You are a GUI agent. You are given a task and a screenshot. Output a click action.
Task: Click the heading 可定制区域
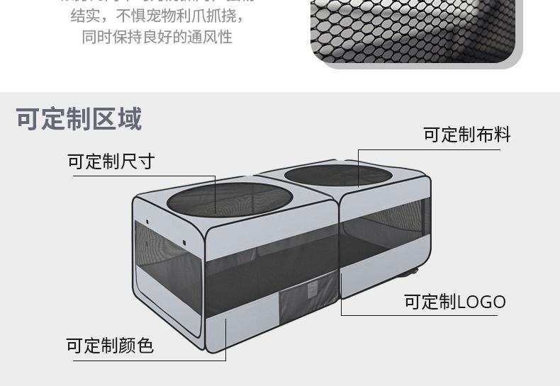[79, 119]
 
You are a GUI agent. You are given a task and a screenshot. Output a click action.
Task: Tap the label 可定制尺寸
[111, 161]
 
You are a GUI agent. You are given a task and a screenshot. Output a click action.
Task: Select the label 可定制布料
[466, 135]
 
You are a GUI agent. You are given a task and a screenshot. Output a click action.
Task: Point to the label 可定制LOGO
[454, 302]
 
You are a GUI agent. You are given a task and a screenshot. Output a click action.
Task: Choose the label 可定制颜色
[110, 345]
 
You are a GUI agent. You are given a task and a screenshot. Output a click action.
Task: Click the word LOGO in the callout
[481, 302]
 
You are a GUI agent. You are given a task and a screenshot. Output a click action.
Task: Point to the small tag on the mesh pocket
[309, 286]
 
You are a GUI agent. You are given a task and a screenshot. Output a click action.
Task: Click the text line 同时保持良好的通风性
[157, 37]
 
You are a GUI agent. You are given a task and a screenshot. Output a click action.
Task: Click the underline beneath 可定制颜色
[149, 360]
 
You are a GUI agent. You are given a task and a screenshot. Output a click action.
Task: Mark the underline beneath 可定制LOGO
[418, 314]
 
